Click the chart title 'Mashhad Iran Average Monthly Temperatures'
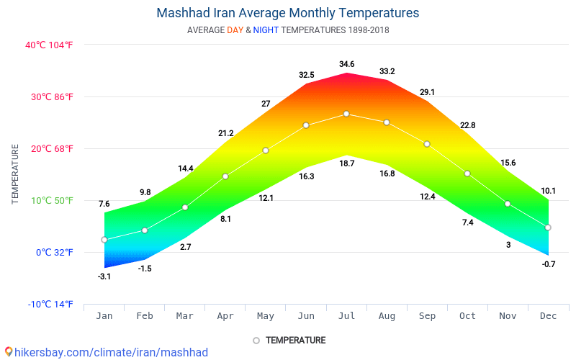(287, 13)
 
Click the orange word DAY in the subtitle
(235, 30)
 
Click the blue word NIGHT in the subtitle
(266, 30)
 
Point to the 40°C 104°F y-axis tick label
(50, 45)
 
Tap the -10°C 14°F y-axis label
(50, 305)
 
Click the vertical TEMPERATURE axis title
(15, 174)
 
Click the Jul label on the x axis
(346, 316)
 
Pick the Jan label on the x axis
(104, 316)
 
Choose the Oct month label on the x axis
(467, 316)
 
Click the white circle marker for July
(346, 114)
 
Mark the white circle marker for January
(104, 240)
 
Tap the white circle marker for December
(548, 228)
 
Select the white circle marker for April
(225, 176)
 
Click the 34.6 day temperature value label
(346, 65)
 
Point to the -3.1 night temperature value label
(104, 276)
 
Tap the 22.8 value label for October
(467, 126)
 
